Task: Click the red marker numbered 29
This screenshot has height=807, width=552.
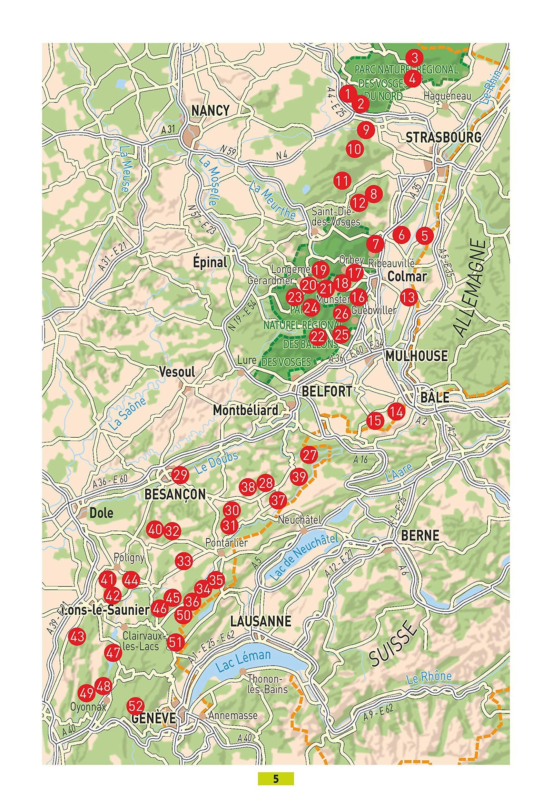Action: (180, 475)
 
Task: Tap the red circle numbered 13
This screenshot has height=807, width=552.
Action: (409, 297)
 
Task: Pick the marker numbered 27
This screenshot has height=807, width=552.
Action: (309, 455)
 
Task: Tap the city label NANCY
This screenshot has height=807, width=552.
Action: (210, 110)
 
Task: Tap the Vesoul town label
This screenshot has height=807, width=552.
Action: (177, 372)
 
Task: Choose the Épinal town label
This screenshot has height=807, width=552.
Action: (210, 263)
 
